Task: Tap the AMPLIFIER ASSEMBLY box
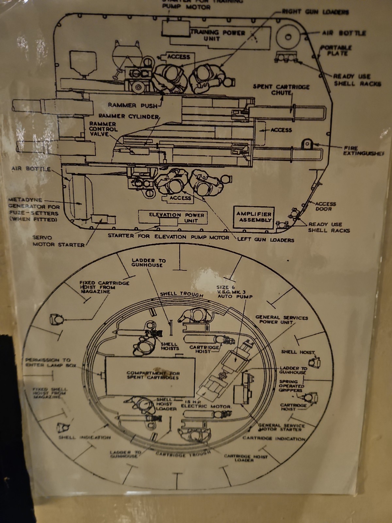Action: (254, 217)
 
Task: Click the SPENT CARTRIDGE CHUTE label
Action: (281, 90)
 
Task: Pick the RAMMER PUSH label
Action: (132, 106)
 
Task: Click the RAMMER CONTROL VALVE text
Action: (103, 129)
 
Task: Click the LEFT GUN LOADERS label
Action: (265, 240)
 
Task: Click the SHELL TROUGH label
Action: (181, 294)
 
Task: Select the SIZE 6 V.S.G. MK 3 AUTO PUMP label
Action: (234, 292)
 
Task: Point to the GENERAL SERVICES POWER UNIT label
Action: (281, 319)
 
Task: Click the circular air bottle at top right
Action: (288, 37)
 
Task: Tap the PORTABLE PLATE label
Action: (336, 50)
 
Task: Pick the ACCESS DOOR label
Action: (325, 206)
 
